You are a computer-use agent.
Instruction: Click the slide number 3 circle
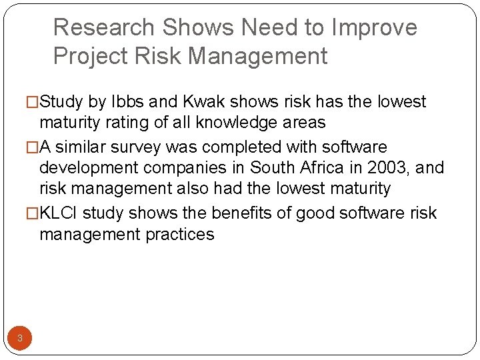tap(20, 338)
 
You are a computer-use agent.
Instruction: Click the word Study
tap(63, 102)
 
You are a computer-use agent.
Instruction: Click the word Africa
tap(301, 167)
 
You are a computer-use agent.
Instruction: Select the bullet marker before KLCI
tap(33, 213)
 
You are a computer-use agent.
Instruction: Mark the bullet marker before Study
tap(33, 102)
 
